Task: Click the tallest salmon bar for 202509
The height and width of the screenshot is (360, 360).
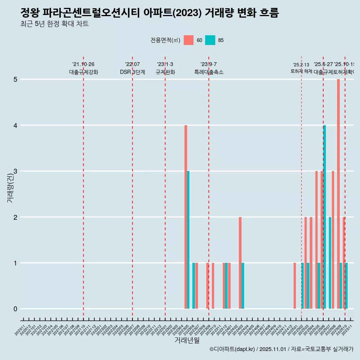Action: tap(338, 194)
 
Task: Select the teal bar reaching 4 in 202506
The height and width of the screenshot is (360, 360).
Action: tap(324, 217)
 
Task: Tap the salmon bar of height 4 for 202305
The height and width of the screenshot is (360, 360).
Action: tap(186, 217)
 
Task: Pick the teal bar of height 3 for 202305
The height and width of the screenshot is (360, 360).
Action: tap(188, 240)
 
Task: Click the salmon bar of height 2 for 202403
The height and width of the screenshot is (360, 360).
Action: tap(240, 262)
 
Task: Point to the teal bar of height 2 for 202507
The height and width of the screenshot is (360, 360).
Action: tap(330, 262)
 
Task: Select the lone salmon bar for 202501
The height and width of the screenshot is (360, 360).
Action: tap(295, 286)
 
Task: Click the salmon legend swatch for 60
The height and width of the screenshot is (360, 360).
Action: tap(189, 40)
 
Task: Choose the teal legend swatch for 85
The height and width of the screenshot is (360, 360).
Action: tap(210, 40)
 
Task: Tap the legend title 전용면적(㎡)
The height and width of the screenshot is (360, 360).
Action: tap(165, 40)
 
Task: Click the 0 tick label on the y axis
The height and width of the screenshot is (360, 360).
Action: tap(16, 309)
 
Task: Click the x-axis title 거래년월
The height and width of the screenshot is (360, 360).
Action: tap(187, 340)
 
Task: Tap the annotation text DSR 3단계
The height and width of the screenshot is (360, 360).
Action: tap(132, 72)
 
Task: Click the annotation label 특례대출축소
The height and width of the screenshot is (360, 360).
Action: tap(208, 72)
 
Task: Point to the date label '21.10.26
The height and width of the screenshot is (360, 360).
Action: tap(83, 64)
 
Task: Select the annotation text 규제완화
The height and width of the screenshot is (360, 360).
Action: tap(165, 72)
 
